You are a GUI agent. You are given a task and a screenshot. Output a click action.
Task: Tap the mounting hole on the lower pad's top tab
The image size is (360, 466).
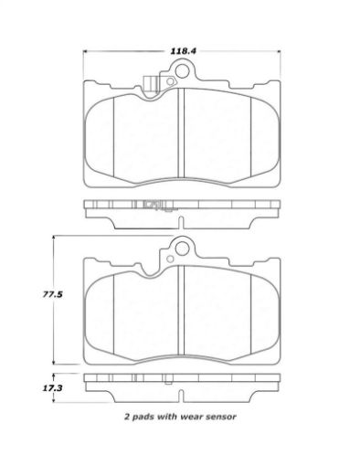(x=181, y=247)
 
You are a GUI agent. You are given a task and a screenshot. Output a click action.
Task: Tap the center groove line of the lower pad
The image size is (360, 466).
(x=182, y=306)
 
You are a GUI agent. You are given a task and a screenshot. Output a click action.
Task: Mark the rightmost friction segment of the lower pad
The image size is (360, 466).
(x=263, y=307)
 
